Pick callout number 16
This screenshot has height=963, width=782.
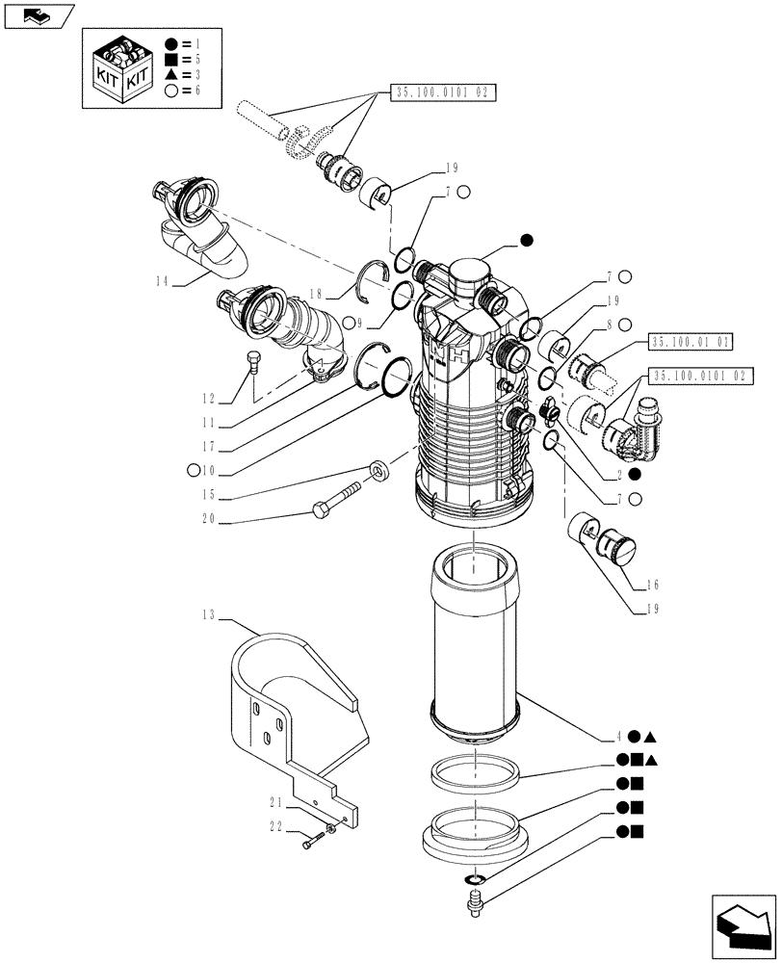tap(628, 584)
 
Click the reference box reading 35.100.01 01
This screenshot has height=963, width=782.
tap(691, 342)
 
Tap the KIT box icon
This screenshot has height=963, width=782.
tap(121, 66)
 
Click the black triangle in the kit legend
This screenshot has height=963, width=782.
tap(169, 74)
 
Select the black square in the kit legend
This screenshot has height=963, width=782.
tap(169, 59)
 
